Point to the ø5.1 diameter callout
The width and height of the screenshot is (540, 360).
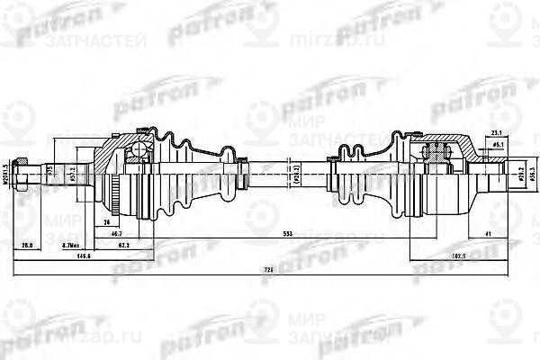point(497,144)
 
